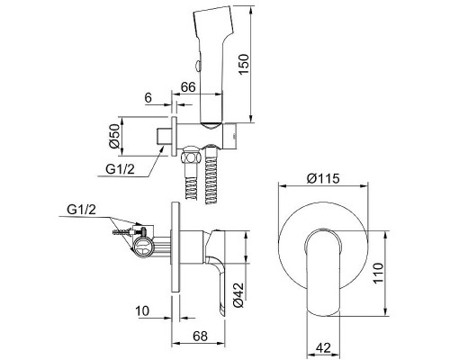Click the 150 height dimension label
pyautogui.click(x=244, y=65)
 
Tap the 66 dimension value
pyautogui.click(x=188, y=87)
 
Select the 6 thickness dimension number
pyautogui.click(x=148, y=98)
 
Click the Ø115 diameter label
pyautogui.click(x=323, y=178)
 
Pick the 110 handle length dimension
pyautogui.click(x=378, y=273)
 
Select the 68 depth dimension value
pyautogui.click(x=200, y=336)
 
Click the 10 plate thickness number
pyautogui.click(x=142, y=311)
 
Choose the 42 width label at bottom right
pyautogui.click(x=323, y=348)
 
